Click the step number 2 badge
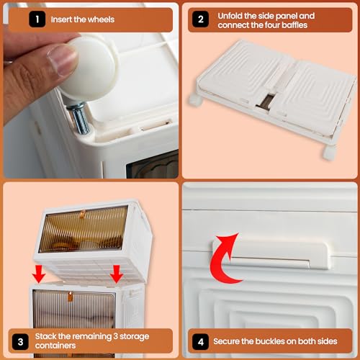[201, 19]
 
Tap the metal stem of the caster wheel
[81, 116]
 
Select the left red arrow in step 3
[39, 274]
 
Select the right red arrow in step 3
[115, 274]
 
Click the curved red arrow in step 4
[225, 262]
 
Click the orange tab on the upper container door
[82, 214]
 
